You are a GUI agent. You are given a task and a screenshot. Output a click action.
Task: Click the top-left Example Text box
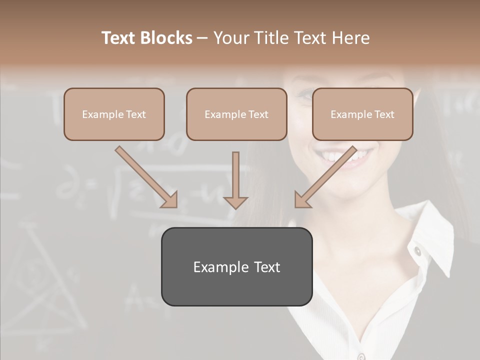[x=114, y=114]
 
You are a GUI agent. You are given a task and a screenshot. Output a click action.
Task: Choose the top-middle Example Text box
[x=236, y=114]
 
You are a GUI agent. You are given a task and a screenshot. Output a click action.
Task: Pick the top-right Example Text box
[x=362, y=114]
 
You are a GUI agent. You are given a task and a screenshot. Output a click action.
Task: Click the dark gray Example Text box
[x=236, y=266]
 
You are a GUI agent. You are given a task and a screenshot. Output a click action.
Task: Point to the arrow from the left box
[x=146, y=177]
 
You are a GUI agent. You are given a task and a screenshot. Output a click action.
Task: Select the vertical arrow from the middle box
[x=235, y=180]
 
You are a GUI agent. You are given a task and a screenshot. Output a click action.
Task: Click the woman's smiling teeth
[x=345, y=156]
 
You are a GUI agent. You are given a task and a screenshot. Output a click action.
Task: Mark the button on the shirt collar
[x=417, y=251]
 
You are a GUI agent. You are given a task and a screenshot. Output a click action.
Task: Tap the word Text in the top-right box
[x=384, y=114]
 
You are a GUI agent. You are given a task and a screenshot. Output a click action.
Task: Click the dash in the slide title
[x=202, y=38]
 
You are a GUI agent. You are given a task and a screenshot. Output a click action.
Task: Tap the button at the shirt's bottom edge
[x=361, y=356]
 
